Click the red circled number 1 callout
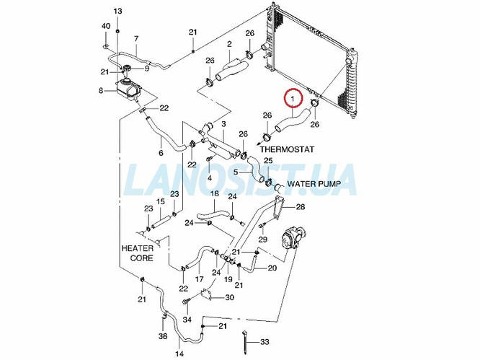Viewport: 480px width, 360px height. tap(292, 95)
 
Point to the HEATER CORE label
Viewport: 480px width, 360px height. tap(138, 252)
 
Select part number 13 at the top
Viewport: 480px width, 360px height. tap(118, 11)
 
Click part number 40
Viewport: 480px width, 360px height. tap(105, 26)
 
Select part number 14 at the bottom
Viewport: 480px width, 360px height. tap(179, 354)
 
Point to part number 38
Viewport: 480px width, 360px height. tap(163, 336)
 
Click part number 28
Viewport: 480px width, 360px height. tap(301, 207)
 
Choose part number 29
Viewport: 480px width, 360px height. tap(263, 239)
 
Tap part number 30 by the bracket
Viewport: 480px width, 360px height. tap(229, 297)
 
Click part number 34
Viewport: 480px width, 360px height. tap(187, 320)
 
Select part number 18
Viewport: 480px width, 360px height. tap(214, 194)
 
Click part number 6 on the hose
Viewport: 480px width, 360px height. tap(160, 153)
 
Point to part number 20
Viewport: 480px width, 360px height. tap(272, 268)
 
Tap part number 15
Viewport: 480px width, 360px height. tap(160, 201)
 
